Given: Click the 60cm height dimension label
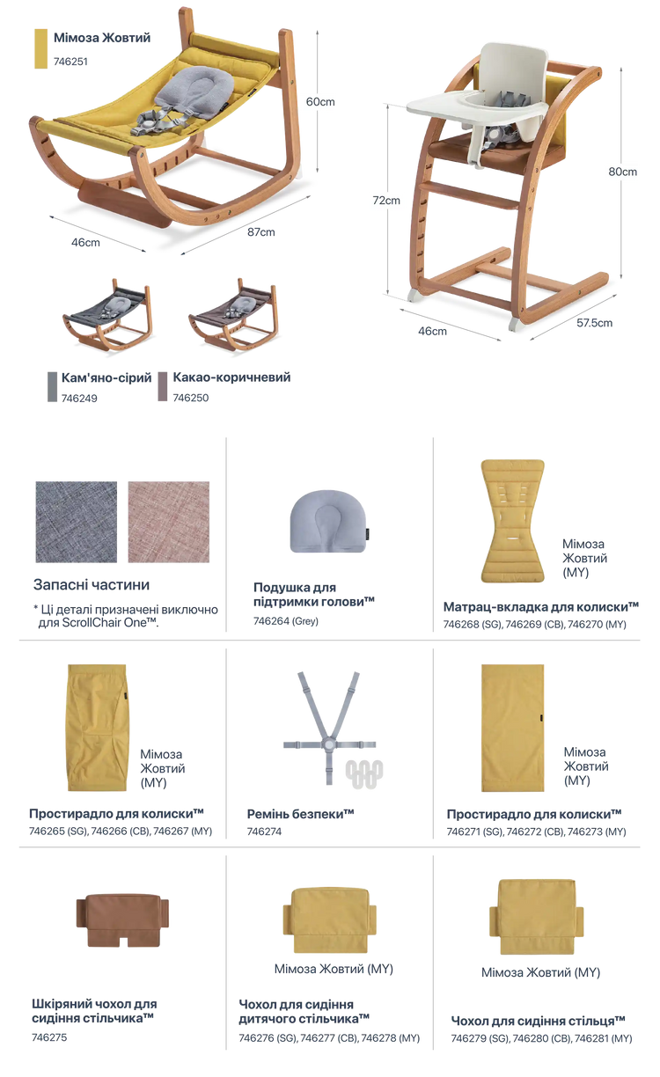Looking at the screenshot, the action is (320, 102).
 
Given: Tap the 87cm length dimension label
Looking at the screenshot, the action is (261, 232).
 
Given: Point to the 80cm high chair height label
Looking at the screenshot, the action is (622, 172).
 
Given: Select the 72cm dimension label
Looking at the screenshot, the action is (386, 201).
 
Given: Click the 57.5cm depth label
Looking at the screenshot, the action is (594, 323).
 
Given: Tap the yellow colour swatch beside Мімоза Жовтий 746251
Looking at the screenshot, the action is (40, 48).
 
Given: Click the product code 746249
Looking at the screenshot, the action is (79, 399).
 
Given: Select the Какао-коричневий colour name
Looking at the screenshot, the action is (231, 377).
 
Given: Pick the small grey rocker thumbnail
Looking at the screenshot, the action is (107, 314).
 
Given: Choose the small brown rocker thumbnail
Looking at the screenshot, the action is (233, 314).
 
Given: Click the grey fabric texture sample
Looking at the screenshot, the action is (77, 522).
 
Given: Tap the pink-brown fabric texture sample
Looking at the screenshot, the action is (169, 522).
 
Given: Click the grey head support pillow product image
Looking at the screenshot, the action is (328, 521).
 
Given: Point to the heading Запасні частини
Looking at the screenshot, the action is (92, 585).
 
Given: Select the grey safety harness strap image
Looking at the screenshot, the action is (329, 728).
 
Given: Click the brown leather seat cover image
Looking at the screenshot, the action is (122, 920).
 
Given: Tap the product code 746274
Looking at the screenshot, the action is (264, 832).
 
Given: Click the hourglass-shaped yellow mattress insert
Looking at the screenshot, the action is (513, 521).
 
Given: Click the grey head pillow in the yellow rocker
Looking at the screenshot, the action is (194, 87).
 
